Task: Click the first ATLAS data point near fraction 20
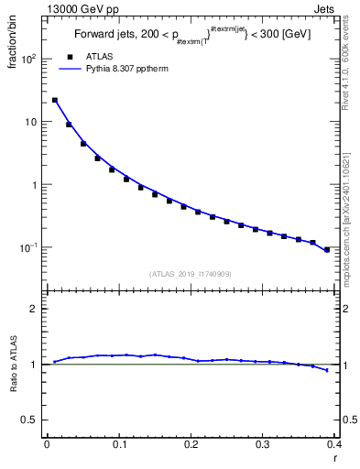[x=55, y=101]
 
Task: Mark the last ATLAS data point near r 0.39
[x=327, y=249]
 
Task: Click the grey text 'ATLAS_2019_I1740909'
[x=190, y=274]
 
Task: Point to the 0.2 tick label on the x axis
[x=191, y=444]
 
